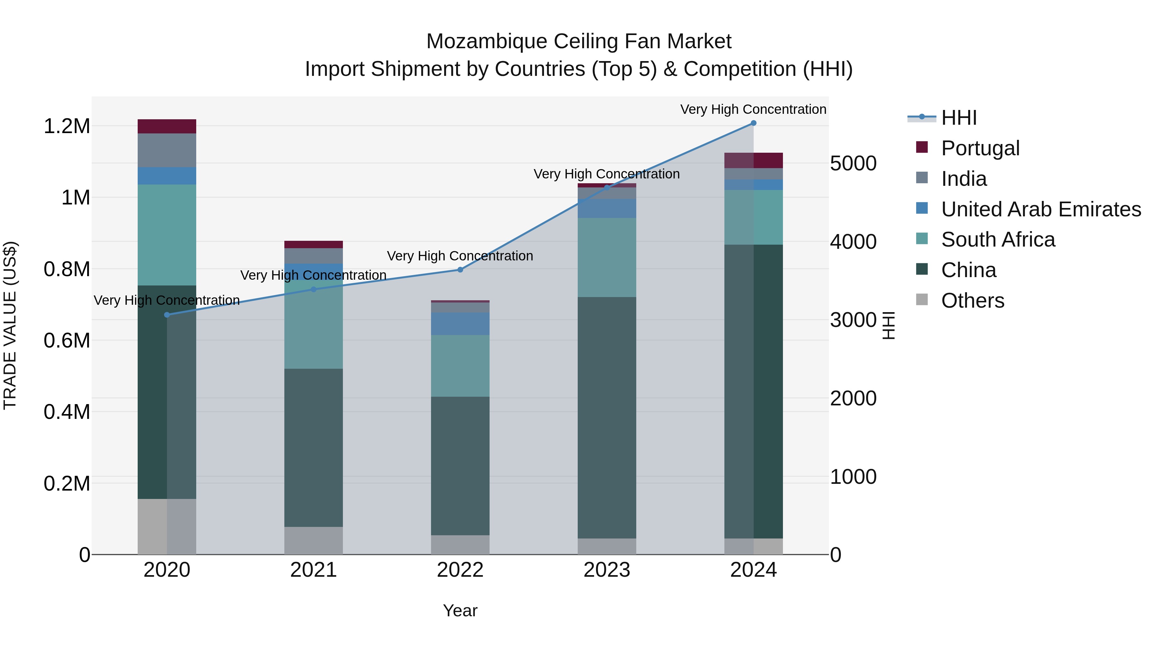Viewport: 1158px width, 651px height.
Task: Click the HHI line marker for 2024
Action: [x=753, y=123]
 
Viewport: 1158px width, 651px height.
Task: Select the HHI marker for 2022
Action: [x=460, y=270]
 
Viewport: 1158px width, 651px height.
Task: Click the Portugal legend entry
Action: [x=980, y=148]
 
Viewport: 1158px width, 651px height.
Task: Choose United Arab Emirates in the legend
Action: [x=1041, y=209]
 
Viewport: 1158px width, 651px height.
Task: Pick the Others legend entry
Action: [x=972, y=301]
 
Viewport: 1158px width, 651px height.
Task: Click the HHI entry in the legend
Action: [x=959, y=118]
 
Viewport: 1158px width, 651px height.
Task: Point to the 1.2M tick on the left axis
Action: [x=67, y=126]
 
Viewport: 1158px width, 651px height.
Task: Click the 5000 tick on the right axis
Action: [x=853, y=164]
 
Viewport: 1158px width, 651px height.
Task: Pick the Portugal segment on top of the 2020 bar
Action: [x=167, y=126]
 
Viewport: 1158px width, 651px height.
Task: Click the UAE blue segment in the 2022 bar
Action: [x=460, y=323]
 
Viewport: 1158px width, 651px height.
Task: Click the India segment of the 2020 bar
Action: [x=167, y=150]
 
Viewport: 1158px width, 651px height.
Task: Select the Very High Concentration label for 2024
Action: [x=753, y=109]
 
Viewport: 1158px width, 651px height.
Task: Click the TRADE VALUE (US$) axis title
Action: [x=10, y=325]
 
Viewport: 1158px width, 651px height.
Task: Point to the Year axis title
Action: [x=460, y=610]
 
